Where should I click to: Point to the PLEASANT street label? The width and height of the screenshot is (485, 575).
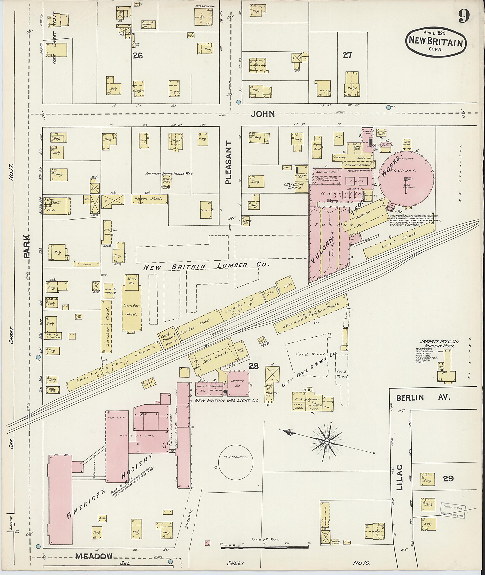coord(229,162)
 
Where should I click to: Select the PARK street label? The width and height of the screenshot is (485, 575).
coord(26,246)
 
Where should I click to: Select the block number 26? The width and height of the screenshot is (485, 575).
coord(137,56)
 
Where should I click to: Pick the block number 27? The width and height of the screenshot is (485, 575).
coord(347,55)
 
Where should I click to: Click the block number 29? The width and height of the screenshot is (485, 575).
coord(448,478)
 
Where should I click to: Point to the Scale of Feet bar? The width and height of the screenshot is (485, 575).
coord(265,548)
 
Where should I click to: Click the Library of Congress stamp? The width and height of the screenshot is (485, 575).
coord(452,511)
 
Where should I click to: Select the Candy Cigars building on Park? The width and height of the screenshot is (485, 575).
coord(53,336)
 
